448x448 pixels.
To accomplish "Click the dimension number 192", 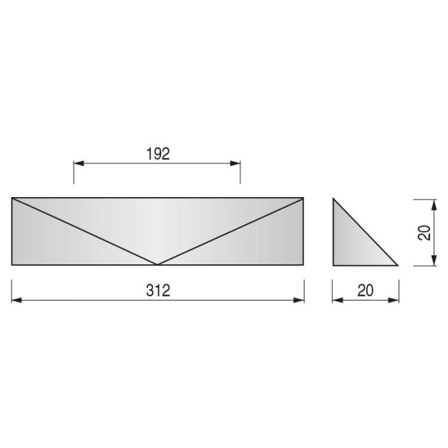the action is click(158, 154).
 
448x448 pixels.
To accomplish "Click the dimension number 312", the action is click(158, 291).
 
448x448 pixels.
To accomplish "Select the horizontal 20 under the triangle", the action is click(365, 291).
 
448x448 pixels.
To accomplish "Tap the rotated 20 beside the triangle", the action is click(424, 232).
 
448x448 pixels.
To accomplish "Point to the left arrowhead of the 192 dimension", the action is click(79, 163).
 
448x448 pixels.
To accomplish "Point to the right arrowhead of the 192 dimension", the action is click(235, 163).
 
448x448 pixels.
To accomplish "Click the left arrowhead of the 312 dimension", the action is click(17, 300).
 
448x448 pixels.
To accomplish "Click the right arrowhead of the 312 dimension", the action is click(299, 300).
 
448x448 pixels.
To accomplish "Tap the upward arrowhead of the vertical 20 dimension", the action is click(434, 205).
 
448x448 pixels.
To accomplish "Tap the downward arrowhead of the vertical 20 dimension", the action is click(434, 260).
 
